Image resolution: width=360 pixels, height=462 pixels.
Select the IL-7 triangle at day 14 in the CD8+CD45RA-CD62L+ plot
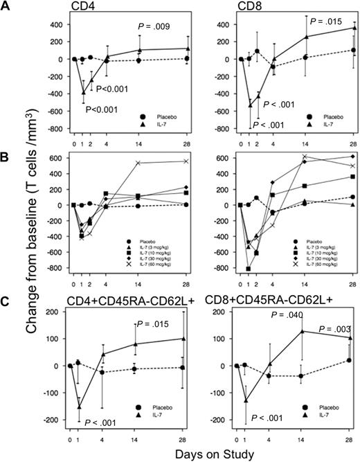pos(301,331)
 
